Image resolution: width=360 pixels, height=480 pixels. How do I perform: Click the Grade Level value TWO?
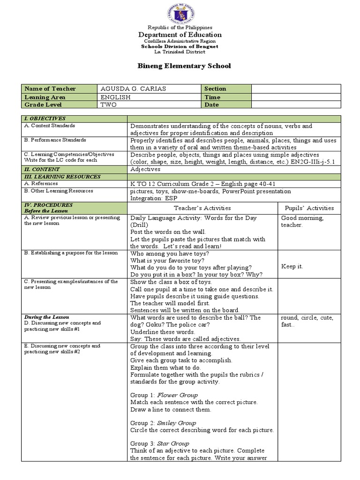point(108,105)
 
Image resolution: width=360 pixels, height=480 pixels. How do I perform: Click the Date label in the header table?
point(212,105)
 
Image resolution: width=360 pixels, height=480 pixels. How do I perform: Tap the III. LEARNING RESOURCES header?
point(62,176)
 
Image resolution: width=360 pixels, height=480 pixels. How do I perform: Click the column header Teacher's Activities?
point(202,208)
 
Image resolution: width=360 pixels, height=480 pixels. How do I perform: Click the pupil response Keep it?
point(292,266)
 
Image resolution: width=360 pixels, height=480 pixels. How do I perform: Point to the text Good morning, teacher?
point(302,221)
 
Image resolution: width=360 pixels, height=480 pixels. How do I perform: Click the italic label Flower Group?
point(178,395)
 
